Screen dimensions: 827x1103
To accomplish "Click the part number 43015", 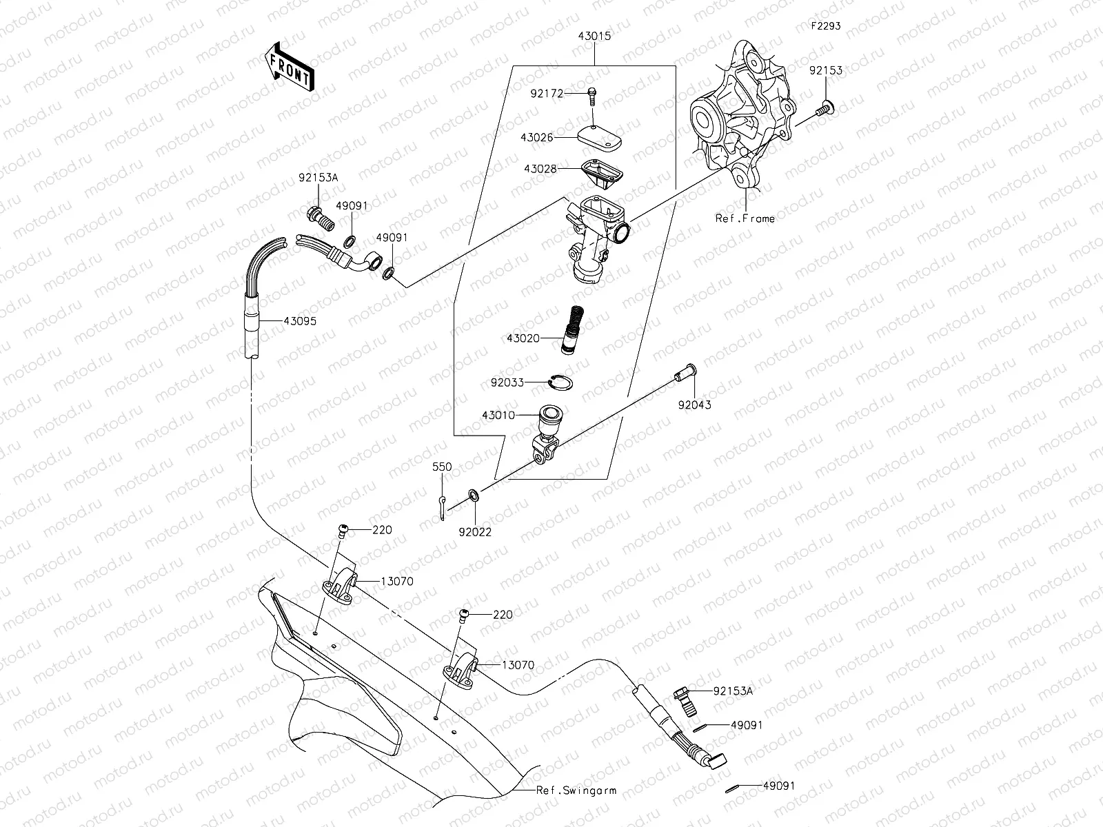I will [x=594, y=35].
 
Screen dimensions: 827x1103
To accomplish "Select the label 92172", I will [x=547, y=92].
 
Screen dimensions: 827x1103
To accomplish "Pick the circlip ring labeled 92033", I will [x=560, y=382].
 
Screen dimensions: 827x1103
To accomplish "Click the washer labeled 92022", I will [x=475, y=495].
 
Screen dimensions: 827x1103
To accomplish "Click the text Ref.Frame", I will [x=745, y=218].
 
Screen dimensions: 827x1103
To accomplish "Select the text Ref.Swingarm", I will [x=577, y=790].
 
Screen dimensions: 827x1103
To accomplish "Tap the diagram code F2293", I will [x=824, y=27].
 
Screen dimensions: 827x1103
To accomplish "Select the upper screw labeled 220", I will [x=342, y=530].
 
